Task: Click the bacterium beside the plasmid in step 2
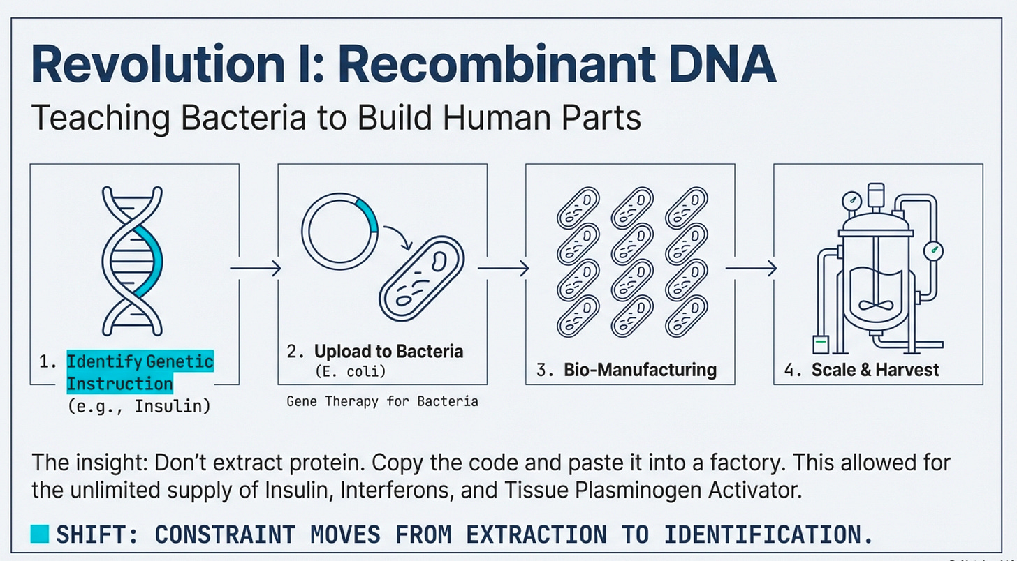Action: [x=421, y=276]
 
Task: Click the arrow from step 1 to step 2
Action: [x=256, y=268]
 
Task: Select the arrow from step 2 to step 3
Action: [x=503, y=268]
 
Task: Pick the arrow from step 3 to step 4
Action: [x=751, y=268]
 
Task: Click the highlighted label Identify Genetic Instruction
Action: [x=139, y=373]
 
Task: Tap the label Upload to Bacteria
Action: [x=388, y=352]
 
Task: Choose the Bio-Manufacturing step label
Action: [x=640, y=369]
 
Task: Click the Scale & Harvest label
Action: [x=875, y=369]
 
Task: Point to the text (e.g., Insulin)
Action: [x=138, y=406]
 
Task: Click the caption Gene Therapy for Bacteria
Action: [x=382, y=401]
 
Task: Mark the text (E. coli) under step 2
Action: [x=351, y=372]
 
